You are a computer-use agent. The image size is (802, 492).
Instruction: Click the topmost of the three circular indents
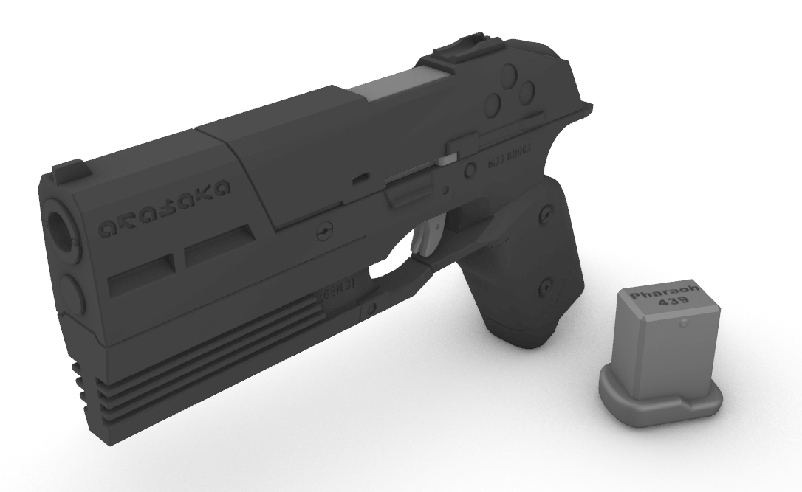pos(510,75)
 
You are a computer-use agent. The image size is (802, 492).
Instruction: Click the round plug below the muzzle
pos(69,290)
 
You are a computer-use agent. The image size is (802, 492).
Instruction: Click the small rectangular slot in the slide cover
pos(360,179)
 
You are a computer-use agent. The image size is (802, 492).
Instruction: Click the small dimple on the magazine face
pos(684,322)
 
